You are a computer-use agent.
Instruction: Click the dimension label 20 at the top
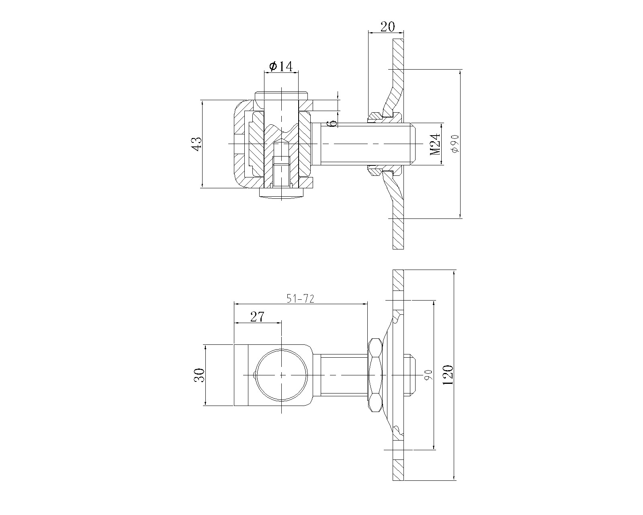(387, 27)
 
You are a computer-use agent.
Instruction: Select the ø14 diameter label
(281, 66)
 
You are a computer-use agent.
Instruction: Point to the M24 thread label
(435, 144)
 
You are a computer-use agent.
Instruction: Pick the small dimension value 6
(334, 123)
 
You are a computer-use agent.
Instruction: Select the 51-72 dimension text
(300, 299)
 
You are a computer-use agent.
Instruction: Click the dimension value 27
(257, 317)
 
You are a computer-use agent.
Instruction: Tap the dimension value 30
(199, 375)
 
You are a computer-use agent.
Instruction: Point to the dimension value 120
(448, 375)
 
